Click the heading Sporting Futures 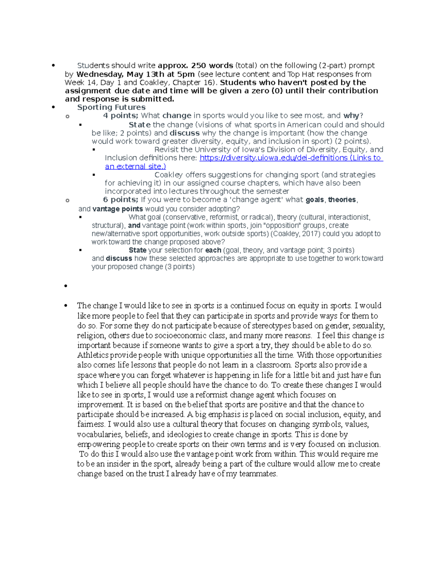[111, 107]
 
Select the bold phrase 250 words [212, 66]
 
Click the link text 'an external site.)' [135, 166]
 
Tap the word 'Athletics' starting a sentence [93, 355]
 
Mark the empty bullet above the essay [66, 286]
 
